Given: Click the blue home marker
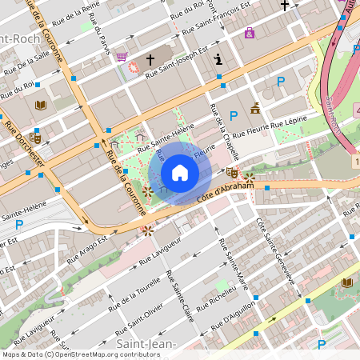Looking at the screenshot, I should point(180,173).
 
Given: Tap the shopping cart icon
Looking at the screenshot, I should point(122,56).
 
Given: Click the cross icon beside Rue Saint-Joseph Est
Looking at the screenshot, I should point(150,60).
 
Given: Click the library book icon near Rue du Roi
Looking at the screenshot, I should point(41,105).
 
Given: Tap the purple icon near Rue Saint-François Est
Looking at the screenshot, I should point(250,33).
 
